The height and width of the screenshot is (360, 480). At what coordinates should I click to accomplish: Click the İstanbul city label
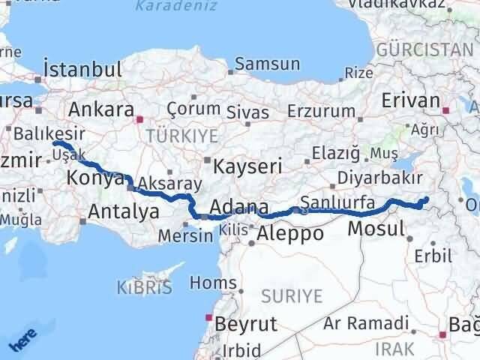pos(82,70)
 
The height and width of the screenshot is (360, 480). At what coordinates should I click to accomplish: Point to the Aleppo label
pos(290,233)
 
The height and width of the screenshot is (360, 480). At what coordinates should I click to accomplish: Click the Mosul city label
pos(377,229)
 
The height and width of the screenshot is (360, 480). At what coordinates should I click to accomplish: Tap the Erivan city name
pos(409,101)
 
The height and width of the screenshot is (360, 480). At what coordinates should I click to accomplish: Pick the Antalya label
pos(123,211)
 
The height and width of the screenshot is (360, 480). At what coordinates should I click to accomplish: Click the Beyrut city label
pos(245,324)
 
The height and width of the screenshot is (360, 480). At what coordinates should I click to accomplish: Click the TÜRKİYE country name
pos(181,136)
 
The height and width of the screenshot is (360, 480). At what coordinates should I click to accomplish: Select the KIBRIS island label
pos(144,286)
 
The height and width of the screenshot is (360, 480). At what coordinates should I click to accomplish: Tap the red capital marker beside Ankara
pos(139,118)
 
